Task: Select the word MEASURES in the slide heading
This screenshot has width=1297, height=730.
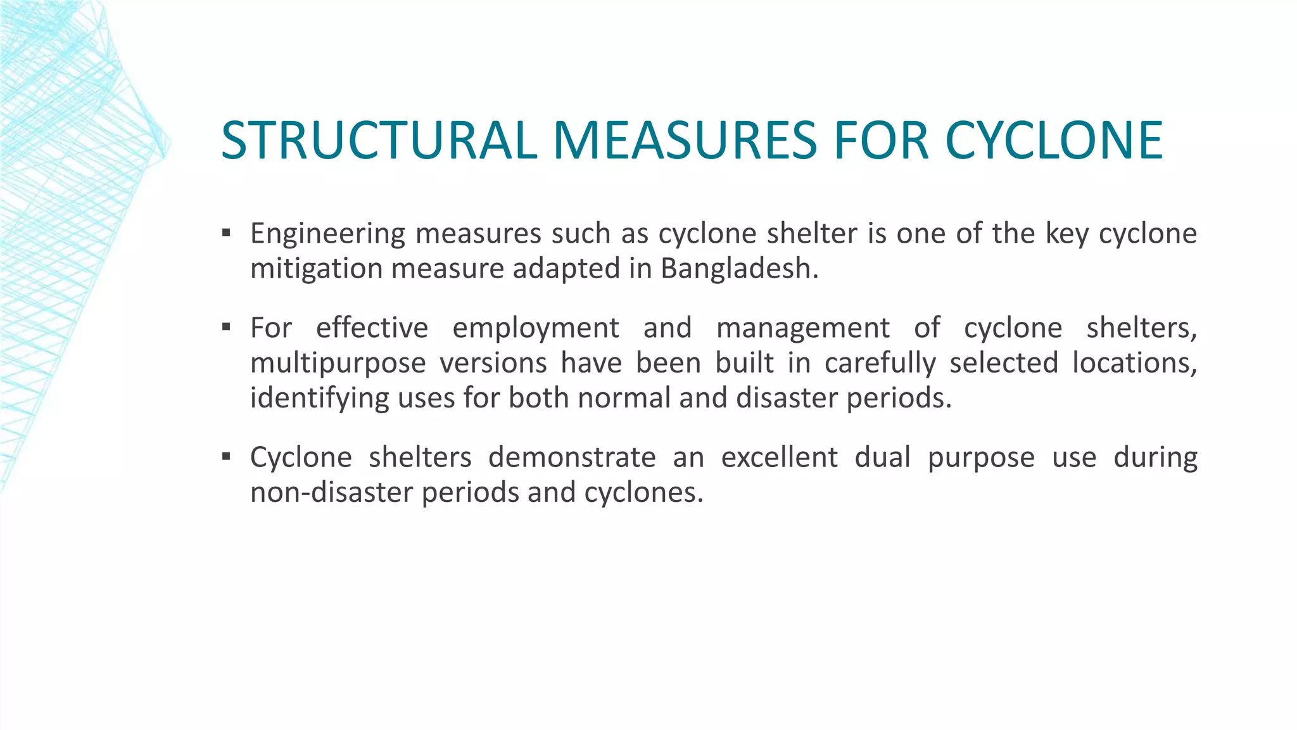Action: [685, 141]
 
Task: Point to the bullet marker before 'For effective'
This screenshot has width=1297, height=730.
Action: [226, 327]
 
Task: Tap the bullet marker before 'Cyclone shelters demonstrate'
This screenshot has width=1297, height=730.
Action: [226, 456]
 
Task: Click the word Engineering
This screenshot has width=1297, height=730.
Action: [327, 234]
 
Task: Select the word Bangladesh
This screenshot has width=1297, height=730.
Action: [739, 269]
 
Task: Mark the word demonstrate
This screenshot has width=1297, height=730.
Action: [572, 458]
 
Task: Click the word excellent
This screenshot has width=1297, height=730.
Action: [779, 458]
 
